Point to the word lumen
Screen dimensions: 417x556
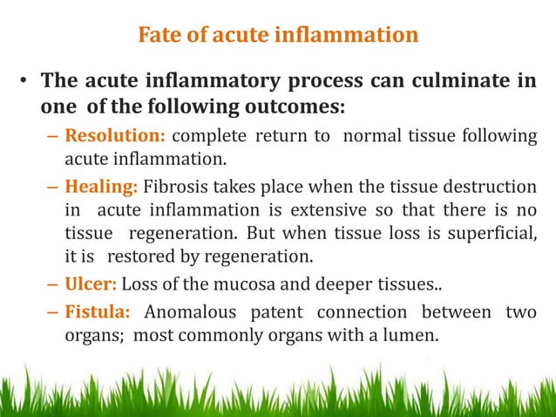tap(406, 332)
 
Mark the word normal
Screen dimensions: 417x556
tap(376, 137)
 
